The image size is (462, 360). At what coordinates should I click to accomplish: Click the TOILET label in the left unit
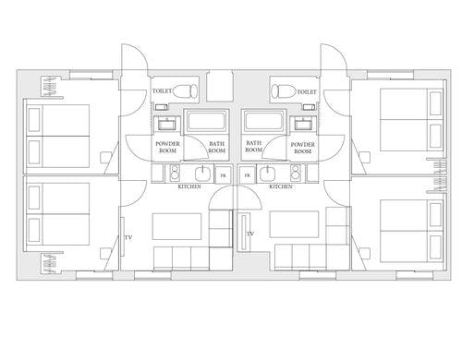click(162, 91)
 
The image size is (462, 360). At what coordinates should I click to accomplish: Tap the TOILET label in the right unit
click(307, 91)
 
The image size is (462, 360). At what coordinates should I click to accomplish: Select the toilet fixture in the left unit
click(185, 91)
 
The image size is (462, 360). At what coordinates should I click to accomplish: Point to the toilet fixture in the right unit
click(284, 91)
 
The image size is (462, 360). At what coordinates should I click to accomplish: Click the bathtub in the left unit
click(207, 121)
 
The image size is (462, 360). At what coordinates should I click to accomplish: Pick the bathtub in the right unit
click(263, 121)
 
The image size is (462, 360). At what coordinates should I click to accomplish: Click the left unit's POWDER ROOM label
click(167, 147)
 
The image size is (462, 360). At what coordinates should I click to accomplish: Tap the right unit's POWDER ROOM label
click(303, 148)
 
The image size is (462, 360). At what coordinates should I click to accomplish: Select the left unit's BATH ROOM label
click(217, 147)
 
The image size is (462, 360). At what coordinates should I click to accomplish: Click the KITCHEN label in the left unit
click(189, 186)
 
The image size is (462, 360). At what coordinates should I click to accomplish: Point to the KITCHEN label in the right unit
click(281, 186)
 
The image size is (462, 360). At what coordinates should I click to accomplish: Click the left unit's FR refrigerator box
click(223, 174)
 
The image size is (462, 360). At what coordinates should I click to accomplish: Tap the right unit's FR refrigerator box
click(248, 174)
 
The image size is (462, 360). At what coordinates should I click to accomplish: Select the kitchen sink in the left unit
click(203, 174)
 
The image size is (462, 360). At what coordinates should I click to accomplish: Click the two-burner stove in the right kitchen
click(295, 173)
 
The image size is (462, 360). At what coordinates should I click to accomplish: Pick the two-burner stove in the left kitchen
click(175, 173)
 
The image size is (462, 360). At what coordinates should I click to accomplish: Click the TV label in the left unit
click(128, 237)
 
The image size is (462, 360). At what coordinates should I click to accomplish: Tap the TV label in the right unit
click(250, 234)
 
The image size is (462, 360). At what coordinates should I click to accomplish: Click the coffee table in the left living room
click(176, 226)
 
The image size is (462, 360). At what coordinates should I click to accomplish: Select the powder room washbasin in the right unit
click(303, 125)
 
